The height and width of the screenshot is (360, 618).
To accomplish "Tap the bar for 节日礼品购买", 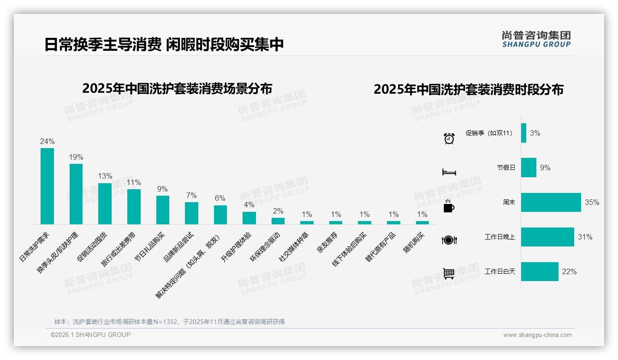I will [163, 210].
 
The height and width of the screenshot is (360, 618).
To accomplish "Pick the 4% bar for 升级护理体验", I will [249, 218].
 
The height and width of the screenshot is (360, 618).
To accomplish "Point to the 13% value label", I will [105, 176].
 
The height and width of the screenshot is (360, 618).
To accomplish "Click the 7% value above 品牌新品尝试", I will [191, 196].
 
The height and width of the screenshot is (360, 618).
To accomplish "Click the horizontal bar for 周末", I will [551, 202].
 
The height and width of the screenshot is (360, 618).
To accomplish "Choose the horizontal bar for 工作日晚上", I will [547, 237].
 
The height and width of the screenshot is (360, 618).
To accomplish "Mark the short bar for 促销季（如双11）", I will [523, 133].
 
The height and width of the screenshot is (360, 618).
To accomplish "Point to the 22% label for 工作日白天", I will [570, 272].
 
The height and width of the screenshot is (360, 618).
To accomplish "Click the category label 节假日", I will [506, 168].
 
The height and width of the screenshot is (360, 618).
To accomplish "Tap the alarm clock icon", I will [449, 138].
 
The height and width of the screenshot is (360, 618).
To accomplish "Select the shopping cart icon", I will [449, 274].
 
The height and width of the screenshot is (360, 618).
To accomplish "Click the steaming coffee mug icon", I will [449, 206].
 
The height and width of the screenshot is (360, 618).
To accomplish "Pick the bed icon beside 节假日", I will [449, 172].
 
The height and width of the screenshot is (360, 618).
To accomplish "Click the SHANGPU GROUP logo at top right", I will [536, 39].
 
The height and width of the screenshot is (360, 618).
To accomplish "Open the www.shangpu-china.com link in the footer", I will [537, 335].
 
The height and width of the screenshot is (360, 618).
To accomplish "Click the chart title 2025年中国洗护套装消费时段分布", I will [469, 90].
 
